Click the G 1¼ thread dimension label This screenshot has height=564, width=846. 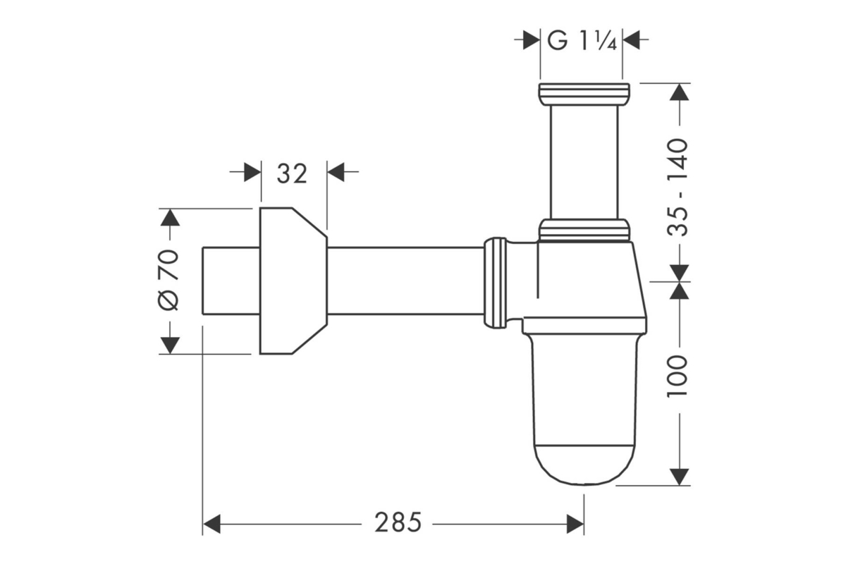(582, 41)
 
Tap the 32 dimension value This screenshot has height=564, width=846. (292, 174)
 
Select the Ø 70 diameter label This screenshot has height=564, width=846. (168, 280)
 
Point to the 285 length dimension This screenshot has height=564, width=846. (398, 523)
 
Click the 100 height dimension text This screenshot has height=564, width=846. (678, 376)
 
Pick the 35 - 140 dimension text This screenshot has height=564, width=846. (678, 188)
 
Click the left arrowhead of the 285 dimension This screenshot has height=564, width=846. (211, 524)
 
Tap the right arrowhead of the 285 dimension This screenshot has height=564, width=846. (575, 524)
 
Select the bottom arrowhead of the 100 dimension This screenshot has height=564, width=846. (679, 477)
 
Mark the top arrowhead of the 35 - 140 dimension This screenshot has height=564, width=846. (679, 92)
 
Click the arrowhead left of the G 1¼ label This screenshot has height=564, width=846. (532, 39)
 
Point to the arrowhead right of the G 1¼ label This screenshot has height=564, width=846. (631, 39)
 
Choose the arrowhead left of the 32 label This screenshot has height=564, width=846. (252, 172)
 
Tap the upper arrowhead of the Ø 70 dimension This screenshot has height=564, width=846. (170, 217)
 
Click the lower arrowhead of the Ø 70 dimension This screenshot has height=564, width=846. (170, 345)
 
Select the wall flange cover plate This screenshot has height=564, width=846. (293, 281)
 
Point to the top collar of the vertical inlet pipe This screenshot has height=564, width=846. (584, 94)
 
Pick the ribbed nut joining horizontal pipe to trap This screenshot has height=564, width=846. (495, 283)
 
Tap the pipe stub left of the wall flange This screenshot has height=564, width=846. (231, 281)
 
